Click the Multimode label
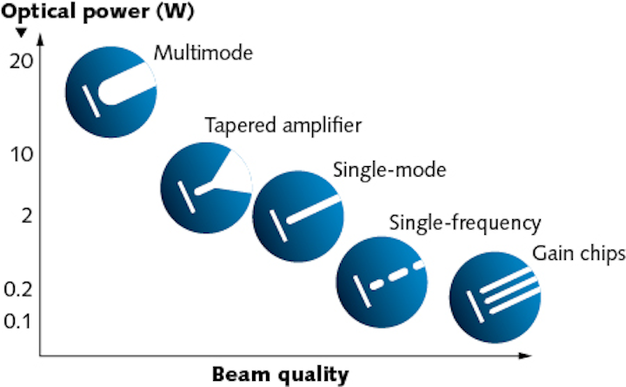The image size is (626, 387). pos(203,53)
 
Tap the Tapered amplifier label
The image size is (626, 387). pos(283,125)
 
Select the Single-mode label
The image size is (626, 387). pos(390,170)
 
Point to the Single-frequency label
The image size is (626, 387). pos(465,224)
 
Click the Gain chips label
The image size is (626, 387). pos(579,254)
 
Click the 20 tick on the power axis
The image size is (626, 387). pos(21,61)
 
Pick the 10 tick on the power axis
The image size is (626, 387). pos(22,154)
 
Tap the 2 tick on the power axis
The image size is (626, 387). pos(27,216)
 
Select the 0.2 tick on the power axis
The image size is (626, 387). pos(18,290)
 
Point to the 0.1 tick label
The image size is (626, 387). pos(17,322)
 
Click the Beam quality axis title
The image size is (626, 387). pos(280,376)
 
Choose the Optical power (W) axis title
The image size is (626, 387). pos(97,12)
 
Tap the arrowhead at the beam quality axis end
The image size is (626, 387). pos(525,355)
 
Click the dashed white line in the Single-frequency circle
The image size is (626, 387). pos(396,275)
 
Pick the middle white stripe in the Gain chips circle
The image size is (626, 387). pos(512,288)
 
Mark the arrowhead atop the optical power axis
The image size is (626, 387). pos(39,40)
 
